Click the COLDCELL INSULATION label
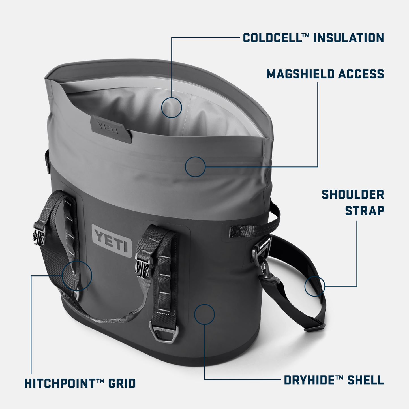[313, 38]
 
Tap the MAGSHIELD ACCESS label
[325, 74]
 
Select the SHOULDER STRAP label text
[353, 203]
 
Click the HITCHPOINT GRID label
[80, 384]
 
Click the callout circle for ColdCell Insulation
[172, 108]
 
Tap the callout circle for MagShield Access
[195, 167]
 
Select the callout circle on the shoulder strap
[315, 286]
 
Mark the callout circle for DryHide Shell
[204, 314]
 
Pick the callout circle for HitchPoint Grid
[77, 275]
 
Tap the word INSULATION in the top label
[348, 38]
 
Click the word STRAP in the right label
[365, 211]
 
